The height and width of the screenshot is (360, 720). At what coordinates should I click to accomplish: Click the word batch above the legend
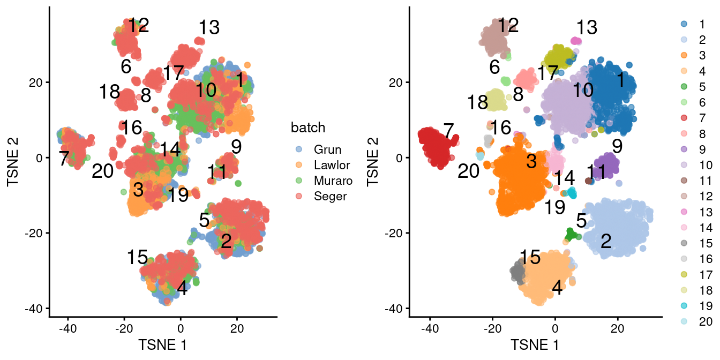pyautogui.click(x=308, y=127)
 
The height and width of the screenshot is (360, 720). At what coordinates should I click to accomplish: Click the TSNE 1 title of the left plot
pyautogui.click(x=162, y=344)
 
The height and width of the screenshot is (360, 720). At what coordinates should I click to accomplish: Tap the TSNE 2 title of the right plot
pyautogui.click(x=374, y=157)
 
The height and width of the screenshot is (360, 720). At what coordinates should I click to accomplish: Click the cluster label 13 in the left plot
pyautogui.click(x=209, y=28)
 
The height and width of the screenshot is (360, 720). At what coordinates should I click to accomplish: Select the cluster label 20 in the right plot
pyautogui.click(x=469, y=171)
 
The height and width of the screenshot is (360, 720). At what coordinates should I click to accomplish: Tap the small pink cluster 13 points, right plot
pyautogui.click(x=576, y=41)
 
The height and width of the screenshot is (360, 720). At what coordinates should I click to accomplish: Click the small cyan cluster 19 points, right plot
pyautogui.click(x=572, y=193)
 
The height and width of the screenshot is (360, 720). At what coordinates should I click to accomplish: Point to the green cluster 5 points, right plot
pyautogui.click(x=571, y=234)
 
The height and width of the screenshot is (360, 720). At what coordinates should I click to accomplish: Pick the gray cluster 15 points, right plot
pyautogui.click(x=517, y=272)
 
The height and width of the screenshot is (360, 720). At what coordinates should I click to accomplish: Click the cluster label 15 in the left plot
pyautogui.click(x=137, y=258)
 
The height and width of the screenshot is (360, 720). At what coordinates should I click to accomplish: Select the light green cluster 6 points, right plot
pyautogui.click(x=505, y=81)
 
